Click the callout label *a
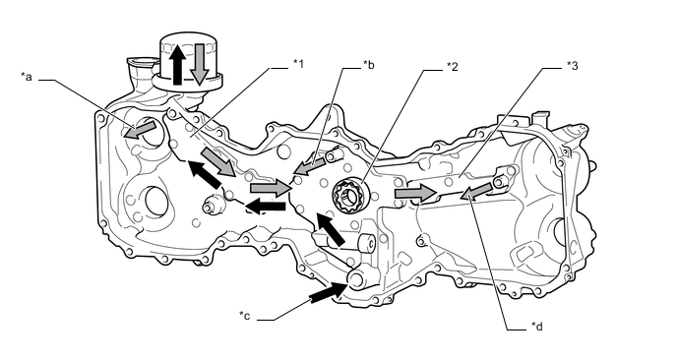[27, 77]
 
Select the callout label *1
[298, 64]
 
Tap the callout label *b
[368, 65]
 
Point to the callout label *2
[452, 67]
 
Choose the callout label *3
[572, 65]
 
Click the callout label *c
[244, 316]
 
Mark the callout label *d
[536, 327]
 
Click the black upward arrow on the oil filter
[177, 64]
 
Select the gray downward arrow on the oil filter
[199, 64]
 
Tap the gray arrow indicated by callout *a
[140, 130]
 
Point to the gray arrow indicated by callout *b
[310, 167]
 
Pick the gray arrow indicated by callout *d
[475, 192]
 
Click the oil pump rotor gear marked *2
[349, 197]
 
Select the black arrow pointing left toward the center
[267, 207]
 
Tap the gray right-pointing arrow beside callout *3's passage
[414, 193]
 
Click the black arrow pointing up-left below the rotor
[330, 229]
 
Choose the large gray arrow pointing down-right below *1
[218, 162]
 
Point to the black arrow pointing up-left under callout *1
[204, 174]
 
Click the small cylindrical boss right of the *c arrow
[366, 244]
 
